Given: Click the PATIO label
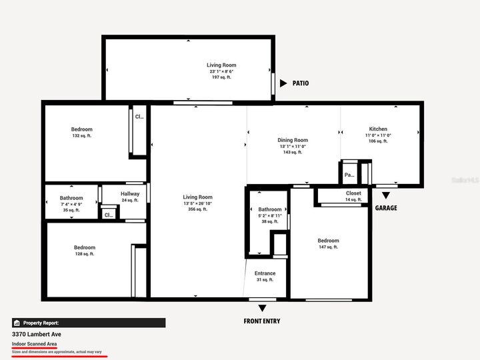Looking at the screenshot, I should click(x=301, y=83).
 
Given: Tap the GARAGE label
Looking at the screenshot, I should click(x=386, y=208).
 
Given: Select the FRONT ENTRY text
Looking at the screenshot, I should click(x=263, y=321).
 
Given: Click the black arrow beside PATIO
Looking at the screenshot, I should click(x=283, y=83).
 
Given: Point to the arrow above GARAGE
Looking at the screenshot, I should click(x=386, y=195).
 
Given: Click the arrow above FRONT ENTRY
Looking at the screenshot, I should click(x=262, y=308).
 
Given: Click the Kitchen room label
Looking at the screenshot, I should click(x=378, y=129).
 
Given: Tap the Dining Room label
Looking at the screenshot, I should click(x=293, y=140).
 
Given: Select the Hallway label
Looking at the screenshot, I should click(x=130, y=194).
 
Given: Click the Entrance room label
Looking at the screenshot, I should click(x=265, y=273).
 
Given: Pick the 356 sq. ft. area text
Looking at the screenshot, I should click(x=198, y=209).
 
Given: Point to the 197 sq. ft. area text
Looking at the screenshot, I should click(x=221, y=77).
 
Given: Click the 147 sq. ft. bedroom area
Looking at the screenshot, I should click(x=328, y=247).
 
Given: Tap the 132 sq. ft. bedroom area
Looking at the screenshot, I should click(x=82, y=135).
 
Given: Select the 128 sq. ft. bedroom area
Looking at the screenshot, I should click(x=84, y=253).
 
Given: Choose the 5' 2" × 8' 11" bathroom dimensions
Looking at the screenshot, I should click(x=270, y=215).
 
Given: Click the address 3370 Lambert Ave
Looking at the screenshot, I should click(x=37, y=334).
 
